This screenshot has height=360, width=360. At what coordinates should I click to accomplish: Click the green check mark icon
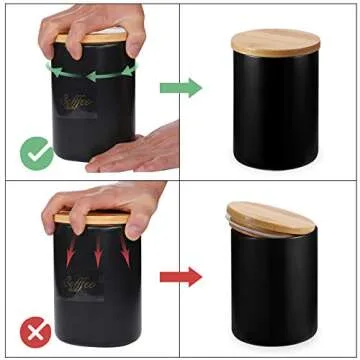[x=35, y=153]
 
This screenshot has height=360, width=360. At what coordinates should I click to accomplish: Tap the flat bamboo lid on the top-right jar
[x=275, y=41]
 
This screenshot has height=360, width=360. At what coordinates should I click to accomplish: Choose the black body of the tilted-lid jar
[x=275, y=295]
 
